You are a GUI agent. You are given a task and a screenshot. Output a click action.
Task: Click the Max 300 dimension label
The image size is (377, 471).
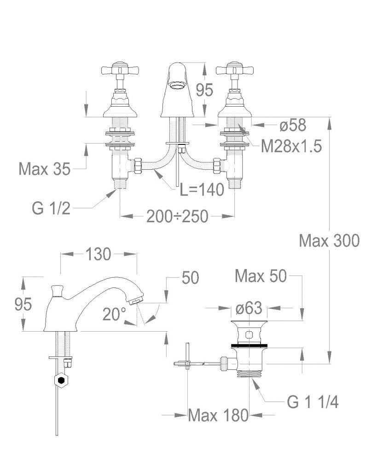(329, 241)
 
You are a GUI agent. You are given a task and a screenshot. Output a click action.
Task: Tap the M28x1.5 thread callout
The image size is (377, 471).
(291, 146)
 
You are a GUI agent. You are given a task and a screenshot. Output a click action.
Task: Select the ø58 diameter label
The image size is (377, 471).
(293, 125)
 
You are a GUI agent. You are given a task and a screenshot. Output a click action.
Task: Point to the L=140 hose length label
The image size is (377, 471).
(202, 190)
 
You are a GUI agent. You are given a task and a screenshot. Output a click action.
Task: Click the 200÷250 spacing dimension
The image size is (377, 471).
(177, 216)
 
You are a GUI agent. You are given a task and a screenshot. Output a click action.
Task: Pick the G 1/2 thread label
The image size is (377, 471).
(51, 208)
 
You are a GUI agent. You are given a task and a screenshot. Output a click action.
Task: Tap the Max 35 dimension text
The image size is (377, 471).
(45, 169)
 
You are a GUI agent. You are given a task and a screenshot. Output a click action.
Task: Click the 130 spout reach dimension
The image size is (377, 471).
(99, 254)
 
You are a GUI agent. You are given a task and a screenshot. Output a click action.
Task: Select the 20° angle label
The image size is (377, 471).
(114, 314)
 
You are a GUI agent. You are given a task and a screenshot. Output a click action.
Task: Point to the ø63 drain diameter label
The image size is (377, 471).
(249, 308)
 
